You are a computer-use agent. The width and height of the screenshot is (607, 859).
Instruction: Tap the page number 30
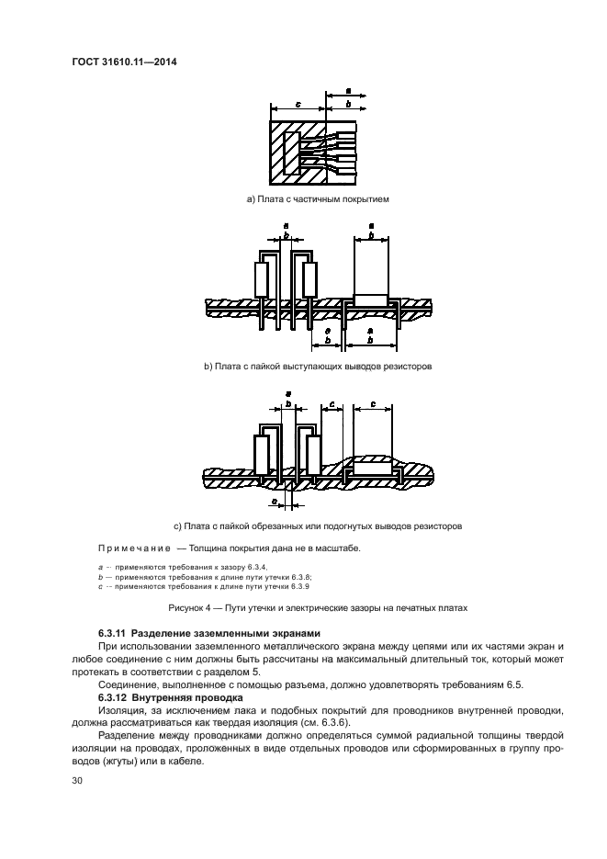point(78,781)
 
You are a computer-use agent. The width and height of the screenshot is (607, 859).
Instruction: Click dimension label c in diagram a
point(298,104)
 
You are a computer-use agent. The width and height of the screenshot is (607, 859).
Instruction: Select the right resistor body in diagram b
point(309,278)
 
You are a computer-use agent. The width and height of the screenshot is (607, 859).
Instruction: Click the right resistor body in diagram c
point(313,455)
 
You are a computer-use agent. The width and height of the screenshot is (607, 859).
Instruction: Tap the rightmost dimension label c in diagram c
point(371,402)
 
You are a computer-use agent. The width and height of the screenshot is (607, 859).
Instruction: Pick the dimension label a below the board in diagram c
point(275,501)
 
